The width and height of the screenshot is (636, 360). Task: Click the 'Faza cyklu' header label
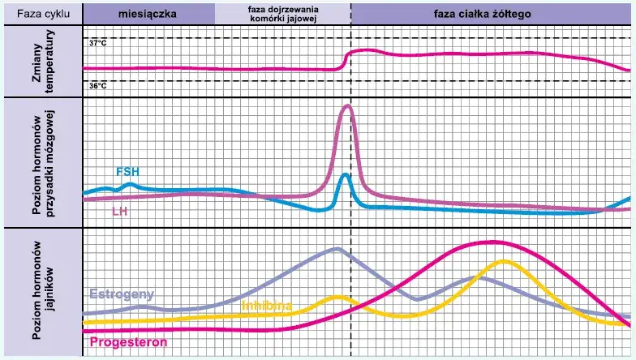41,13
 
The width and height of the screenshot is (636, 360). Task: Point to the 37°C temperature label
97,41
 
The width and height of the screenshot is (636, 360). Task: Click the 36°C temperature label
97,84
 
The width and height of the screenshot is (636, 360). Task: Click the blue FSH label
127,172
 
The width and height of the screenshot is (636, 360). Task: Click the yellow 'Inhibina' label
269,305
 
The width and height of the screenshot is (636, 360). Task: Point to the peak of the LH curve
348,106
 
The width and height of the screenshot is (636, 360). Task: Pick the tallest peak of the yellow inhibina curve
505,261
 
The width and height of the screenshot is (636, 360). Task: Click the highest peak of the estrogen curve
337,249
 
